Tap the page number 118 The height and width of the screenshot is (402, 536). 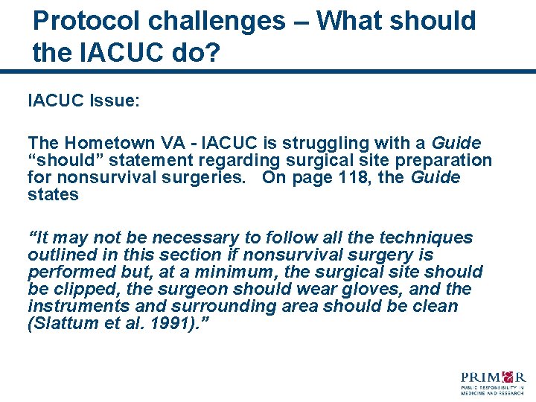point(372,177)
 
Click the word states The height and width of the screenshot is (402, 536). point(53,194)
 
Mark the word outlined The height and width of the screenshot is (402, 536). point(58,255)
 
